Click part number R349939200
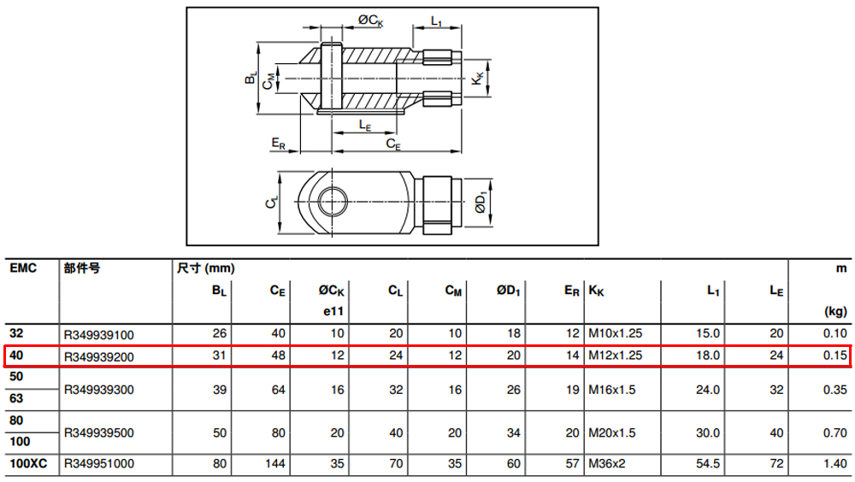pos(98,357)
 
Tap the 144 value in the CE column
pos(274,464)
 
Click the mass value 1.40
pos(834,464)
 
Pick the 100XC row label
pos(28,464)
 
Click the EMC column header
pos(23,268)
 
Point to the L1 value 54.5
pos(708,464)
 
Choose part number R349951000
pos(98,464)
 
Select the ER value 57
pos(572,464)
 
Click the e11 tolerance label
pos(333,311)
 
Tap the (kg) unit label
pos(835,312)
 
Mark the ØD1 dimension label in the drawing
pos(481,202)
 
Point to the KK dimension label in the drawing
pos(477,79)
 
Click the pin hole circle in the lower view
pos(333,201)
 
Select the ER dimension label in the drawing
pos(278,144)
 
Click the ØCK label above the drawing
pos(371,21)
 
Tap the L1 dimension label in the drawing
pos(436,21)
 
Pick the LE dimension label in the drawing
pos(365,126)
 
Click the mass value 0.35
pos(834,390)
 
